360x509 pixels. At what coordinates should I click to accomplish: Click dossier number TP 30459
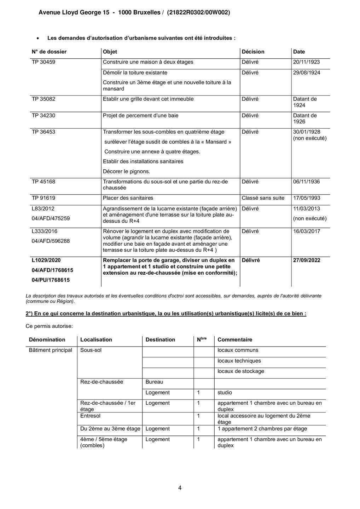pyautogui.click(x=43, y=62)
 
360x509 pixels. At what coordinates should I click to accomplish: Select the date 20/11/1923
pyautogui.click(x=306, y=62)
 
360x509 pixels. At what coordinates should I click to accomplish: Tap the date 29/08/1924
pyautogui.click(x=306, y=72)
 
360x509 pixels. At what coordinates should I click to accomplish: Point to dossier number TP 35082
pyautogui.click(x=43, y=99)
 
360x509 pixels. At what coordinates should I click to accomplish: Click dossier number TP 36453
pyautogui.click(x=43, y=132)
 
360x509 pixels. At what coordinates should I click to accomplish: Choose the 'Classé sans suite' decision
pyautogui.click(x=263, y=198)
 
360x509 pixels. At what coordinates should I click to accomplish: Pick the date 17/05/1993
pyautogui.click(x=306, y=198)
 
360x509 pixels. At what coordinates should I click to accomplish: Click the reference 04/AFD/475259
pyautogui.click(x=51, y=218)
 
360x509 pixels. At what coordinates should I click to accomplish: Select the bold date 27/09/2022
pyautogui.click(x=307, y=260)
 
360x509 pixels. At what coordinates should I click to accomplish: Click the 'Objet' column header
pyautogui.click(x=110, y=52)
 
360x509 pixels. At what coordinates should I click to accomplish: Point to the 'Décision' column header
pyautogui.click(x=253, y=52)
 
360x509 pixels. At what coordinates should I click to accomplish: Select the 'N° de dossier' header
pyautogui.click(x=49, y=52)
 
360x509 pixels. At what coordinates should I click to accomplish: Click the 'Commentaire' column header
pyautogui.click(x=235, y=340)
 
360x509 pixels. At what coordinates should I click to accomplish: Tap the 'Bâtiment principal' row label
pyautogui.click(x=51, y=350)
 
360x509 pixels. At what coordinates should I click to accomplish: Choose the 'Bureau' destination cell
pyautogui.click(x=154, y=382)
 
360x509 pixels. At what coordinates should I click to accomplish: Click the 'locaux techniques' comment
pyautogui.click(x=239, y=361)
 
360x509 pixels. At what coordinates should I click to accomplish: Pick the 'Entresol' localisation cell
pyautogui.click(x=90, y=416)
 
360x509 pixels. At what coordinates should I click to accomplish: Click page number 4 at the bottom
pyautogui.click(x=180, y=488)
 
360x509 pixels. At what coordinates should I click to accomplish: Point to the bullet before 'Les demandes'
pyautogui.click(x=37, y=38)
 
